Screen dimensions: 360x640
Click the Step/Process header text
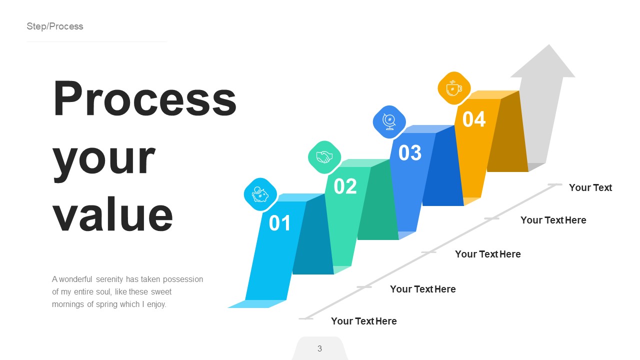click(x=55, y=26)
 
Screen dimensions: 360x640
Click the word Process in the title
click(x=144, y=99)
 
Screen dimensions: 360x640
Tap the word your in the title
click(x=104, y=157)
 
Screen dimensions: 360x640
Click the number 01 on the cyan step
click(x=279, y=223)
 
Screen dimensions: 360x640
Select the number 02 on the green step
click(x=345, y=186)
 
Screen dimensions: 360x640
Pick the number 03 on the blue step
click(x=410, y=153)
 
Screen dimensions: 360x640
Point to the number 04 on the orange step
click(x=474, y=119)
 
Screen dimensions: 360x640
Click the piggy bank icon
click(x=260, y=194)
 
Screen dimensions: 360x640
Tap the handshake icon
click(x=324, y=157)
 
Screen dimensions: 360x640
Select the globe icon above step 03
click(x=389, y=122)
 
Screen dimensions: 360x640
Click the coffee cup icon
click(x=454, y=88)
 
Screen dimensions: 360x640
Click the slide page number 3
click(x=319, y=348)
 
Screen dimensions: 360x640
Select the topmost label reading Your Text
click(x=590, y=187)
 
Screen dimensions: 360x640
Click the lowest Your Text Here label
click(x=363, y=321)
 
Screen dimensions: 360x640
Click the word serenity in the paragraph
click(x=107, y=279)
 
